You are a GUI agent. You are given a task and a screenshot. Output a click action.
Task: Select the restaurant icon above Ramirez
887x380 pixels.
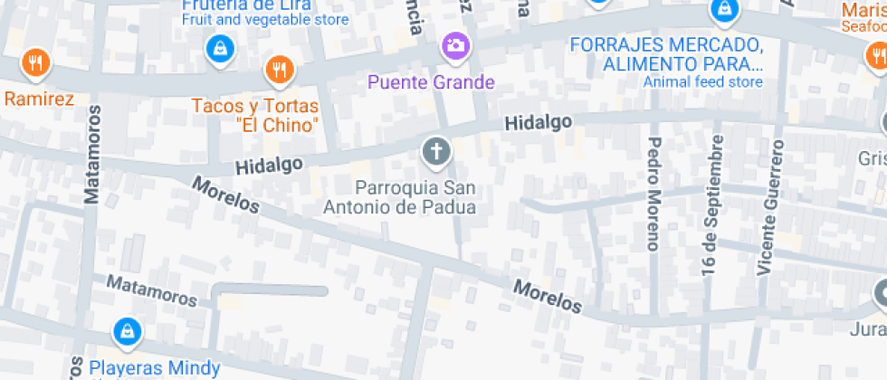tap(35, 62)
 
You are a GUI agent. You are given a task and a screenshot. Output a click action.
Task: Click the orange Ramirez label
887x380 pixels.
tap(38, 99)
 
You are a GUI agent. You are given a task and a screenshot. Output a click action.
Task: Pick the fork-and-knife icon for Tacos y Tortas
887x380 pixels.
tap(279, 69)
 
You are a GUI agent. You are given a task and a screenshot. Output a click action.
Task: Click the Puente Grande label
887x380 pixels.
tap(431, 82)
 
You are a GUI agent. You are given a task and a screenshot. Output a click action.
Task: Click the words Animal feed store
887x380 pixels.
tap(703, 82)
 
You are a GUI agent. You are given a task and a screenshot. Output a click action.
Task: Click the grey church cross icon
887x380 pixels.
tap(436, 151)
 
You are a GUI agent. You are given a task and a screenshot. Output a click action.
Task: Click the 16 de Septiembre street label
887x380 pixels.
tap(712, 205)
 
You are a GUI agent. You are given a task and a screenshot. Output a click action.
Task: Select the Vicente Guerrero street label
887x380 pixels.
tap(769, 207)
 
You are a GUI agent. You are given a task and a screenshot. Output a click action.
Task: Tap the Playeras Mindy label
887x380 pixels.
tap(154, 368)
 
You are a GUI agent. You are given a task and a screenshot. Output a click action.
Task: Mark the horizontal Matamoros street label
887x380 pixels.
tap(151, 290)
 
